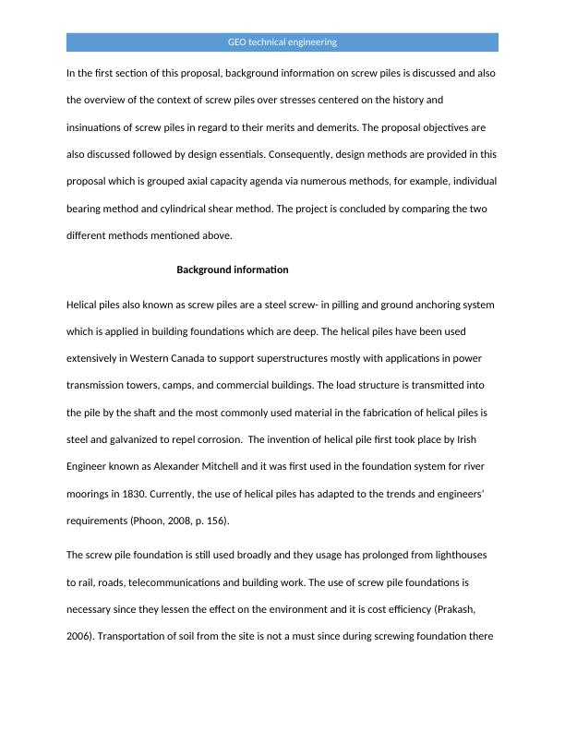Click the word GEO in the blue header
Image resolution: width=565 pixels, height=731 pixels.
click(237, 42)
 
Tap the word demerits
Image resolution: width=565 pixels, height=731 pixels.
click(401, 127)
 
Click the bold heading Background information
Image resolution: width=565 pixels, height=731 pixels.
click(233, 270)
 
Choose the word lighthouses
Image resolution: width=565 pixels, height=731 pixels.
click(447, 556)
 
